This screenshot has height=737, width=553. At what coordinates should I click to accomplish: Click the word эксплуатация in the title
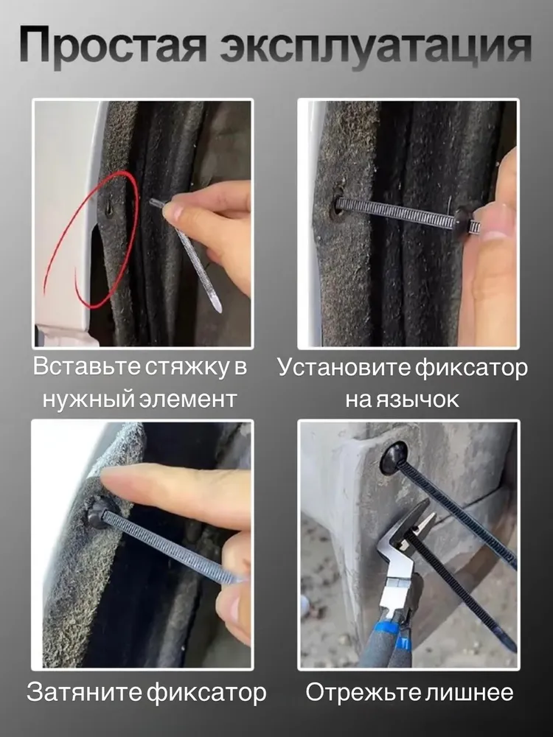376,46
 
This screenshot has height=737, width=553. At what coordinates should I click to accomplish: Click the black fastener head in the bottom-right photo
393,458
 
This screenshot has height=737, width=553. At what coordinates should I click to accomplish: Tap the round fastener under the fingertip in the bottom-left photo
98,513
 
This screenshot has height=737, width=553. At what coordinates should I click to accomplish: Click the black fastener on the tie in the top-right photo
465,220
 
